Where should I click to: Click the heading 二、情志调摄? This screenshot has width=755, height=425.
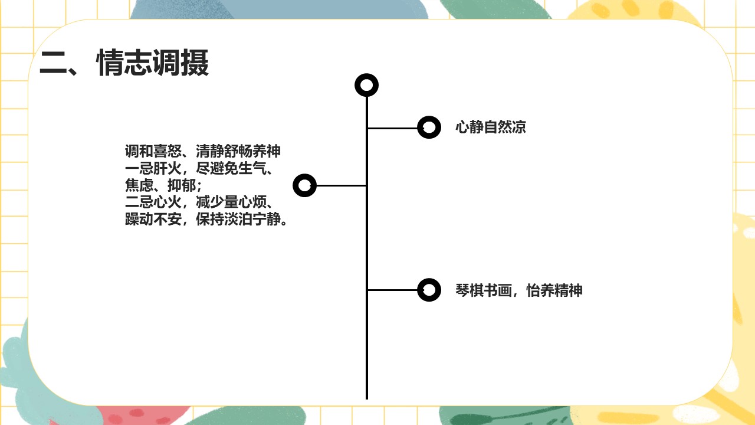click(x=124, y=63)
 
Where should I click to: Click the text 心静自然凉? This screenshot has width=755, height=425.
click(x=490, y=127)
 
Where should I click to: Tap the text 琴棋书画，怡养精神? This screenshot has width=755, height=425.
click(x=518, y=290)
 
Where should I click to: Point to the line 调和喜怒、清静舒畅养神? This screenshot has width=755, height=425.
click(x=202, y=151)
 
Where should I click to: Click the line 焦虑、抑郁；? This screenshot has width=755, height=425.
click(x=163, y=185)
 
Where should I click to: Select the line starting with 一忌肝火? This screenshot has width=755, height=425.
click(x=199, y=168)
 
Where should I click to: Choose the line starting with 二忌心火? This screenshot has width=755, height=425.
click(x=199, y=202)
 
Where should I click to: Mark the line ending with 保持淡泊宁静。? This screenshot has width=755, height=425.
click(x=206, y=219)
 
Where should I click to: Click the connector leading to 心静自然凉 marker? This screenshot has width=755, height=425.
click(x=392, y=128)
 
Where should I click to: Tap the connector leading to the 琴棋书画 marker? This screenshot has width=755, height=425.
click(x=392, y=290)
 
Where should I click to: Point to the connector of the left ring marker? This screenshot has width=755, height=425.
click(x=341, y=185)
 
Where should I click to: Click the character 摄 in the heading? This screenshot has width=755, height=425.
click(x=195, y=63)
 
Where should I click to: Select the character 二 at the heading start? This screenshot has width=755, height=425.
click(x=53, y=63)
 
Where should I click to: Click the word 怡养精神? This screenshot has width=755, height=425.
click(x=554, y=290)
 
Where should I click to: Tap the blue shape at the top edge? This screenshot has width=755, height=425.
click(x=280, y=9)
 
